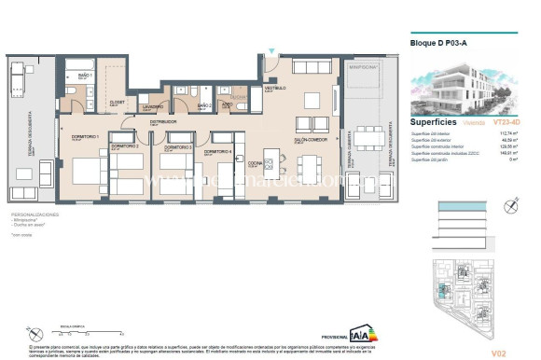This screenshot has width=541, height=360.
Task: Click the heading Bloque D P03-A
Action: (x=440, y=43)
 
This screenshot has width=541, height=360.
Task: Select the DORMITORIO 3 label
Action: (x=178, y=147)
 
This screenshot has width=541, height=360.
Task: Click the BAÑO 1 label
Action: (x=83, y=74)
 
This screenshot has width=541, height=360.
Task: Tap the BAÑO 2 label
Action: (x=204, y=106)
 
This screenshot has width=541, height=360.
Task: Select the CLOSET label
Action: (x=118, y=103)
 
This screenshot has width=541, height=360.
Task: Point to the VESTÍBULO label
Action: (x=274, y=88)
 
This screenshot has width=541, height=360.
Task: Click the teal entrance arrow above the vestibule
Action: (x=270, y=51)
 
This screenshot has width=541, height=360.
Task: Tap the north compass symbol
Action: (x=510, y=206)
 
